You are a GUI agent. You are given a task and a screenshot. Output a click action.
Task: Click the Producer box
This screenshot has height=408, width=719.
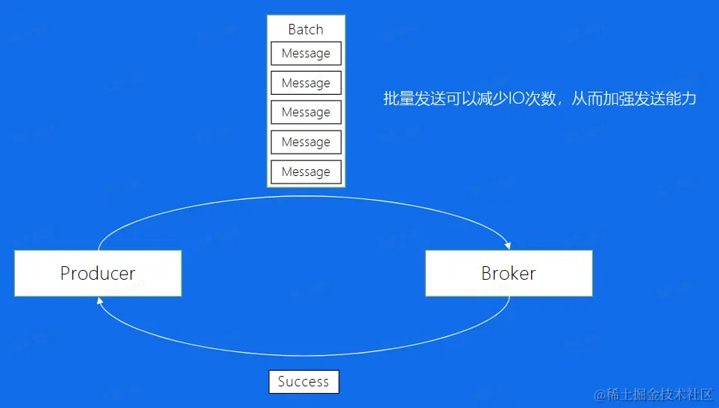coord(98,273)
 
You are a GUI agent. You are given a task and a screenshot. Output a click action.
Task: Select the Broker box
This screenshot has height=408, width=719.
coord(509,273)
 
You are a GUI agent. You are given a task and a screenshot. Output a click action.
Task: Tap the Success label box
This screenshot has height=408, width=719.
coord(304,382)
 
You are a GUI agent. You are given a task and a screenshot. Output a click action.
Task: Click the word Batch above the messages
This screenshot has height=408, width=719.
coord(306,29)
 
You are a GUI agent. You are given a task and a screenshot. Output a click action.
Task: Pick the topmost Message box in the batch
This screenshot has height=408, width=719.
coord(306,54)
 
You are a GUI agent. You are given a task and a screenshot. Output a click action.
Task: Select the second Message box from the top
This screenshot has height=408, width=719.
coord(306,83)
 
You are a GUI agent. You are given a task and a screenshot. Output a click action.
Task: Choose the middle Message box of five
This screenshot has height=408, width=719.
coord(306,113)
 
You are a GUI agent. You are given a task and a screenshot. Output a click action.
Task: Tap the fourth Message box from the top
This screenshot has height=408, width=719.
coord(306,142)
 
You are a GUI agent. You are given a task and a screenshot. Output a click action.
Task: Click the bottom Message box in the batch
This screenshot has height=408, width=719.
coord(306,172)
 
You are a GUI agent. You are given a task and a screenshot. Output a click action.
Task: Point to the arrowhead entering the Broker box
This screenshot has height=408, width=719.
coord(508,245)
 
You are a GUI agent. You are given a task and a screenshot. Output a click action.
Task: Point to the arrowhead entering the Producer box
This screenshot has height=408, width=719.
coord(99,301)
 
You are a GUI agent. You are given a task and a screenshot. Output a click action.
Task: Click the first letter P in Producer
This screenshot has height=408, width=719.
coord(66,273)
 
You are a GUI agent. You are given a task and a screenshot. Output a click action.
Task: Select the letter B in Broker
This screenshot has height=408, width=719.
coord(487,273)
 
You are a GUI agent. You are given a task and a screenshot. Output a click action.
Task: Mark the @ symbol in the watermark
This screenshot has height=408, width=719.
coord(599,393)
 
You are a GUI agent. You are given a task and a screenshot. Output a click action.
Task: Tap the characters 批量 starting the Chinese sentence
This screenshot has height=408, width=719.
coord(399,98)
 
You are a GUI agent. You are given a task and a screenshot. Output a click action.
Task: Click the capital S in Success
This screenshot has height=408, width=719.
coord(282,382)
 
